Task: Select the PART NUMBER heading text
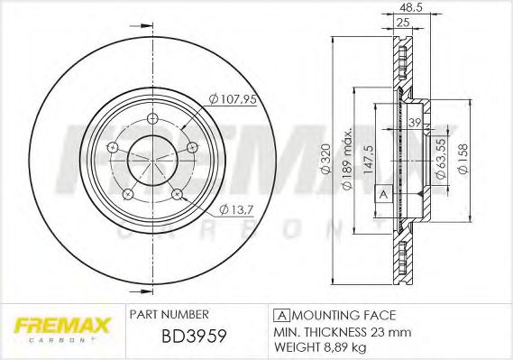click(x=169, y=314)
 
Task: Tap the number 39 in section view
click(x=416, y=123)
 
